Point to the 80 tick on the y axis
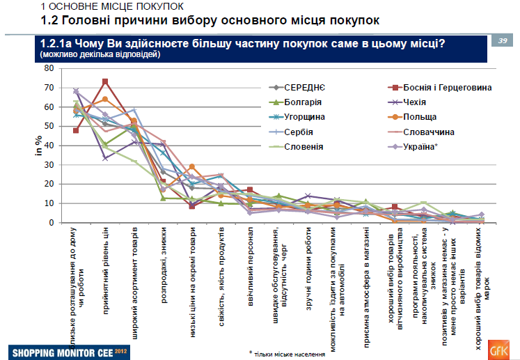pyautogui.click(x=48, y=68)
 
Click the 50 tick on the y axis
pyautogui.click(x=48, y=126)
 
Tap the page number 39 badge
pyautogui.click(x=502, y=41)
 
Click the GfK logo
pyautogui.click(x=498, y=347)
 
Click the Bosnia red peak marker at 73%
pyautogui.click(x=105, y=81)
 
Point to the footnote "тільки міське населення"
pyautogui.click(x=285, y=353)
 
